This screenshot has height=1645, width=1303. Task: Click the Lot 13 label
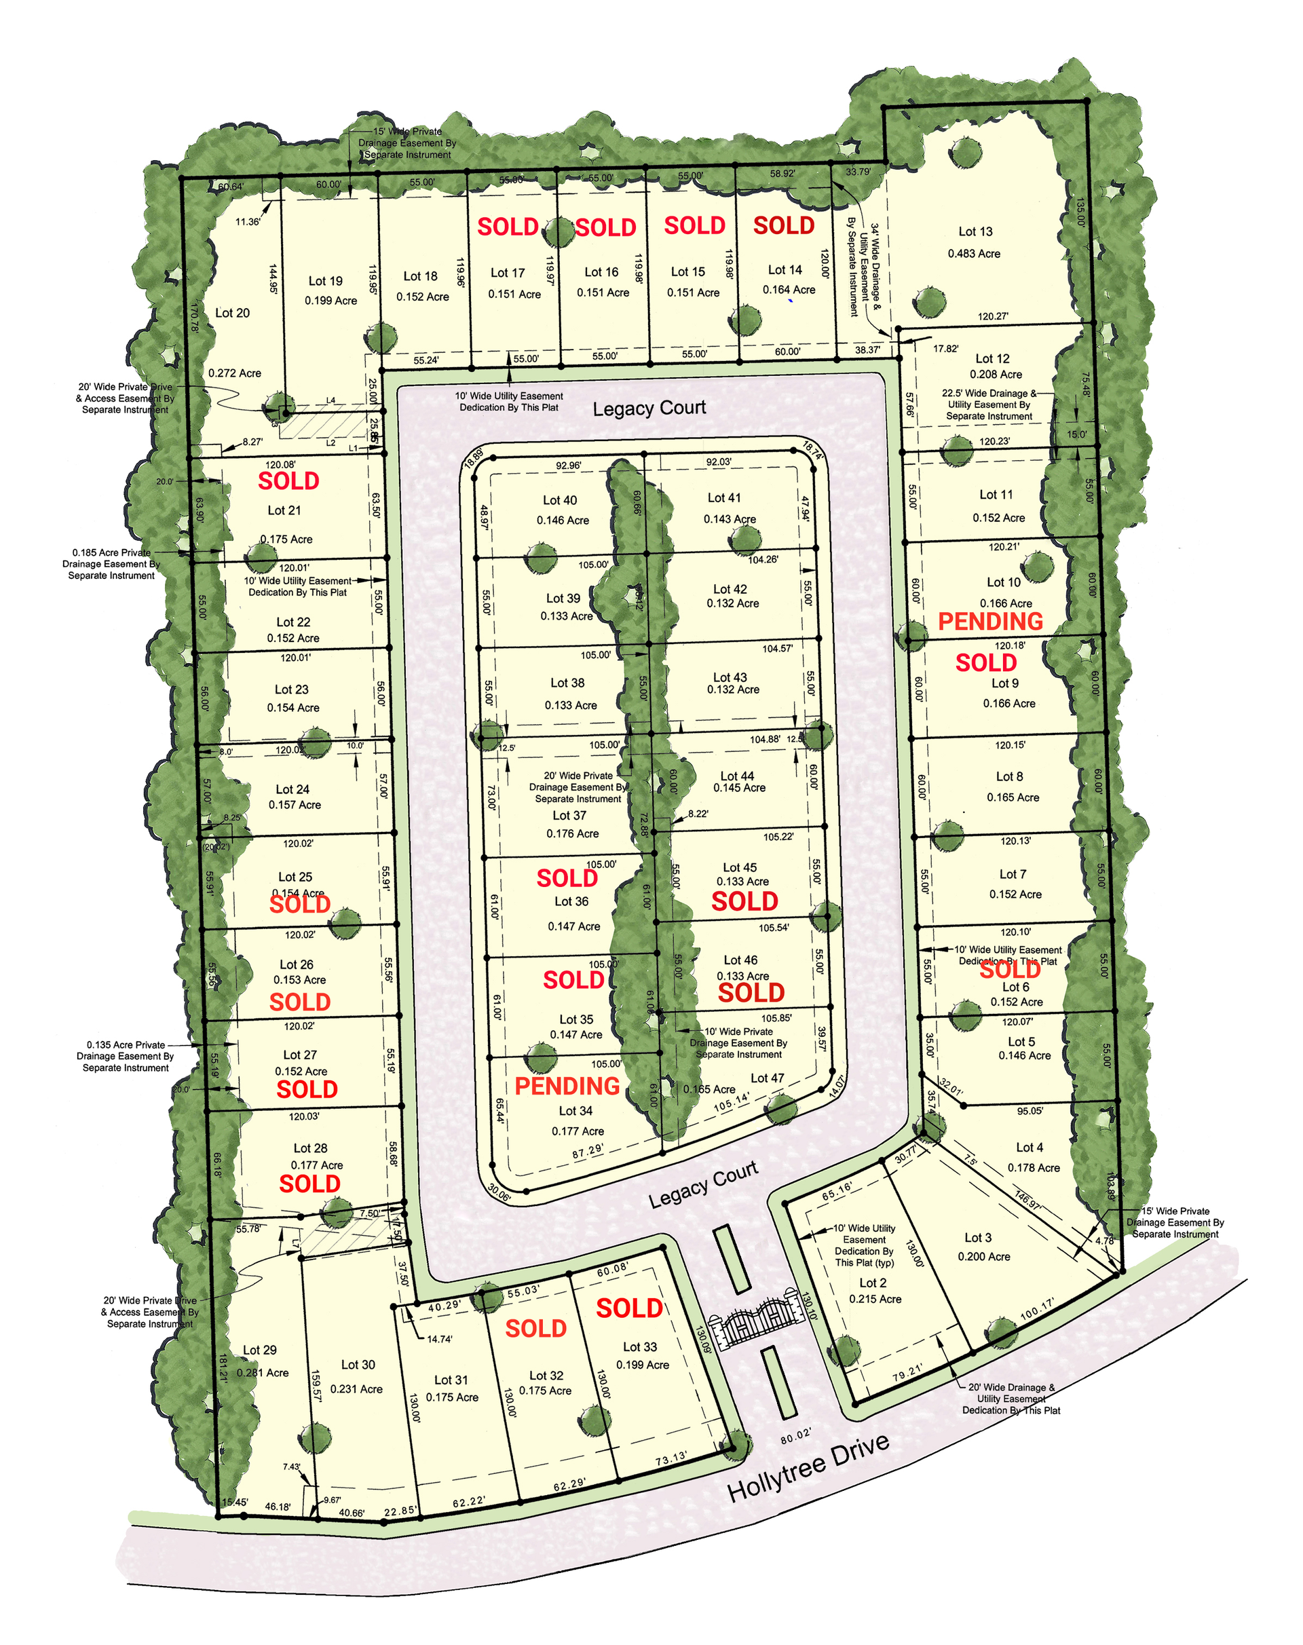975,232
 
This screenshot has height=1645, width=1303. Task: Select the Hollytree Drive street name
809,1467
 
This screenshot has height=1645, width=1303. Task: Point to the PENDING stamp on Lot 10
989,622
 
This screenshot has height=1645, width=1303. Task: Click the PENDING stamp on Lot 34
567,1086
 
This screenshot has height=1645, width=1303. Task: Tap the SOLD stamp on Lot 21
288,481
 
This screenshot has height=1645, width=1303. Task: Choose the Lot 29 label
259,1350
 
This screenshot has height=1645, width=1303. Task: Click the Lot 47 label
767,1078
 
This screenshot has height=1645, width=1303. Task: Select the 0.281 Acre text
263,1373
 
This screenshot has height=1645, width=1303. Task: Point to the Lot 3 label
978,1238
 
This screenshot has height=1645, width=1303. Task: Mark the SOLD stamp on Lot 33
628,1308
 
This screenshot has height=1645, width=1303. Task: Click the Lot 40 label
560,501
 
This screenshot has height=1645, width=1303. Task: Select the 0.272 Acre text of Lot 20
235,373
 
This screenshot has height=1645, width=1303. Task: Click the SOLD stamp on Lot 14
783,226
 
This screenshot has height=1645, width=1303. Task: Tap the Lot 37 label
569,816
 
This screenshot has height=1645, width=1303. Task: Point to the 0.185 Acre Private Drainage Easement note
111,564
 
